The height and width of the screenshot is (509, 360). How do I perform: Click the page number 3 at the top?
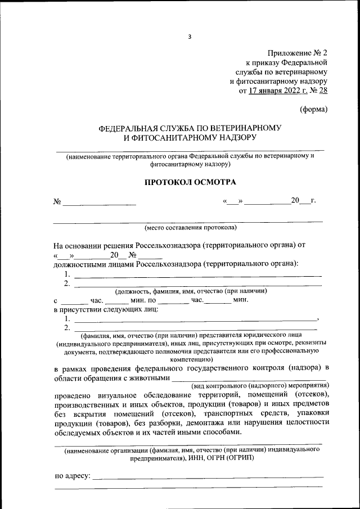[190, 37]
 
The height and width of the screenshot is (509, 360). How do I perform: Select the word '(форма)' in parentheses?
[313, 110]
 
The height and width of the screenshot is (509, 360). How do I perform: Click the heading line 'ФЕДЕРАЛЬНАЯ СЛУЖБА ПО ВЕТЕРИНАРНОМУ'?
[190, 128]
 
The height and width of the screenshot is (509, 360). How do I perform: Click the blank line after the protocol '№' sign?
[100, 202]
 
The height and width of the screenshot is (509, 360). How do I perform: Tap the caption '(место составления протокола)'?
[190, 228]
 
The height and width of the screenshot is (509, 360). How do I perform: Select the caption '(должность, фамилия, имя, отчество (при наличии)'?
[191, 291]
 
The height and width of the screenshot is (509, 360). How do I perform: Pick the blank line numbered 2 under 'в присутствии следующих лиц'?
[195, 327]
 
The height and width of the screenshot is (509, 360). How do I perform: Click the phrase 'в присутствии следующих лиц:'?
[106, 309]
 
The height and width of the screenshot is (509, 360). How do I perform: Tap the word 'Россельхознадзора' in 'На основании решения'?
[168, 246]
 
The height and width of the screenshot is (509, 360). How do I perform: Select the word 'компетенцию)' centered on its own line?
[190, 358]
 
